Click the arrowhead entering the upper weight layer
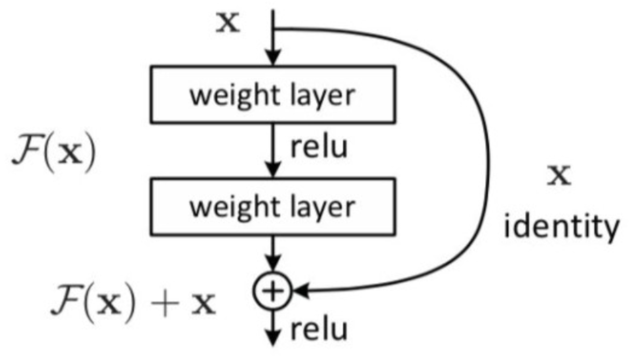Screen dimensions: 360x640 [274, 58]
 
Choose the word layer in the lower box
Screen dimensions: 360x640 [322, 207]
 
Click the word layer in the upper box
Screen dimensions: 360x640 [322, 95]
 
